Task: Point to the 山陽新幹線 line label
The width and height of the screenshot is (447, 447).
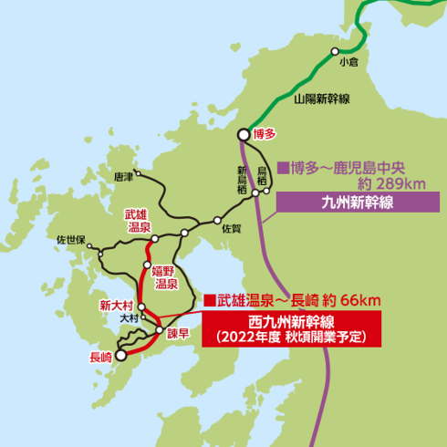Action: click(x=324, y=99)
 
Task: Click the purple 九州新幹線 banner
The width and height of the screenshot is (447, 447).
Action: click(x=358, y=203)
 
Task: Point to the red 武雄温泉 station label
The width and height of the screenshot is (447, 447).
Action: click(x=138, y=219)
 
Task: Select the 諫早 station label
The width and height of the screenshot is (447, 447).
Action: click(x=178, y=333)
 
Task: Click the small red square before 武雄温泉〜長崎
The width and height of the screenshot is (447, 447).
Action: click(x=209, y=299)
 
